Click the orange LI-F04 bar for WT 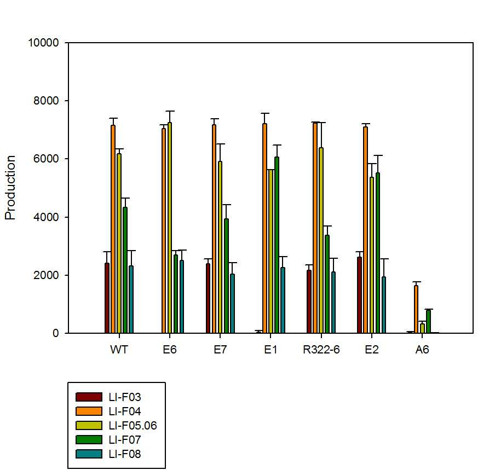click(113, 229)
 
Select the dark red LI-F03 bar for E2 click(360, 295)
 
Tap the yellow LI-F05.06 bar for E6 click(170, 228)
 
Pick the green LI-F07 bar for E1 click(277, 245)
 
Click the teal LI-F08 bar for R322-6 click(333, 303)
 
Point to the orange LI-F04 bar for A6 click(416, 309)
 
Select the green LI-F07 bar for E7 click(226, 276)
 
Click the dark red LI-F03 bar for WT click(107, 298)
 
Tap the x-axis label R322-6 click(321, 350)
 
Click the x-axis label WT click(119, 350)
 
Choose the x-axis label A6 click(422, 350)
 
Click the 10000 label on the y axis click(44, 43)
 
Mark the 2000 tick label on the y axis click(46, 275)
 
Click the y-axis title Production click(10, 188)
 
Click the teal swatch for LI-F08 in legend click(89, 454)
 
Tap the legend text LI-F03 click(125, 397)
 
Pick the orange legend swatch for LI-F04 click(89, 411)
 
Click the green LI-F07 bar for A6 click(428, 321)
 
